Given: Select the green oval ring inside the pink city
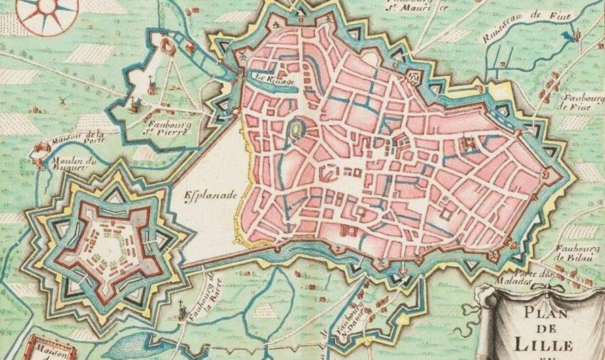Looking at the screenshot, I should (298, 128).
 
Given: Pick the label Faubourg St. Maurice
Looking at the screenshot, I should (412, 7).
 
